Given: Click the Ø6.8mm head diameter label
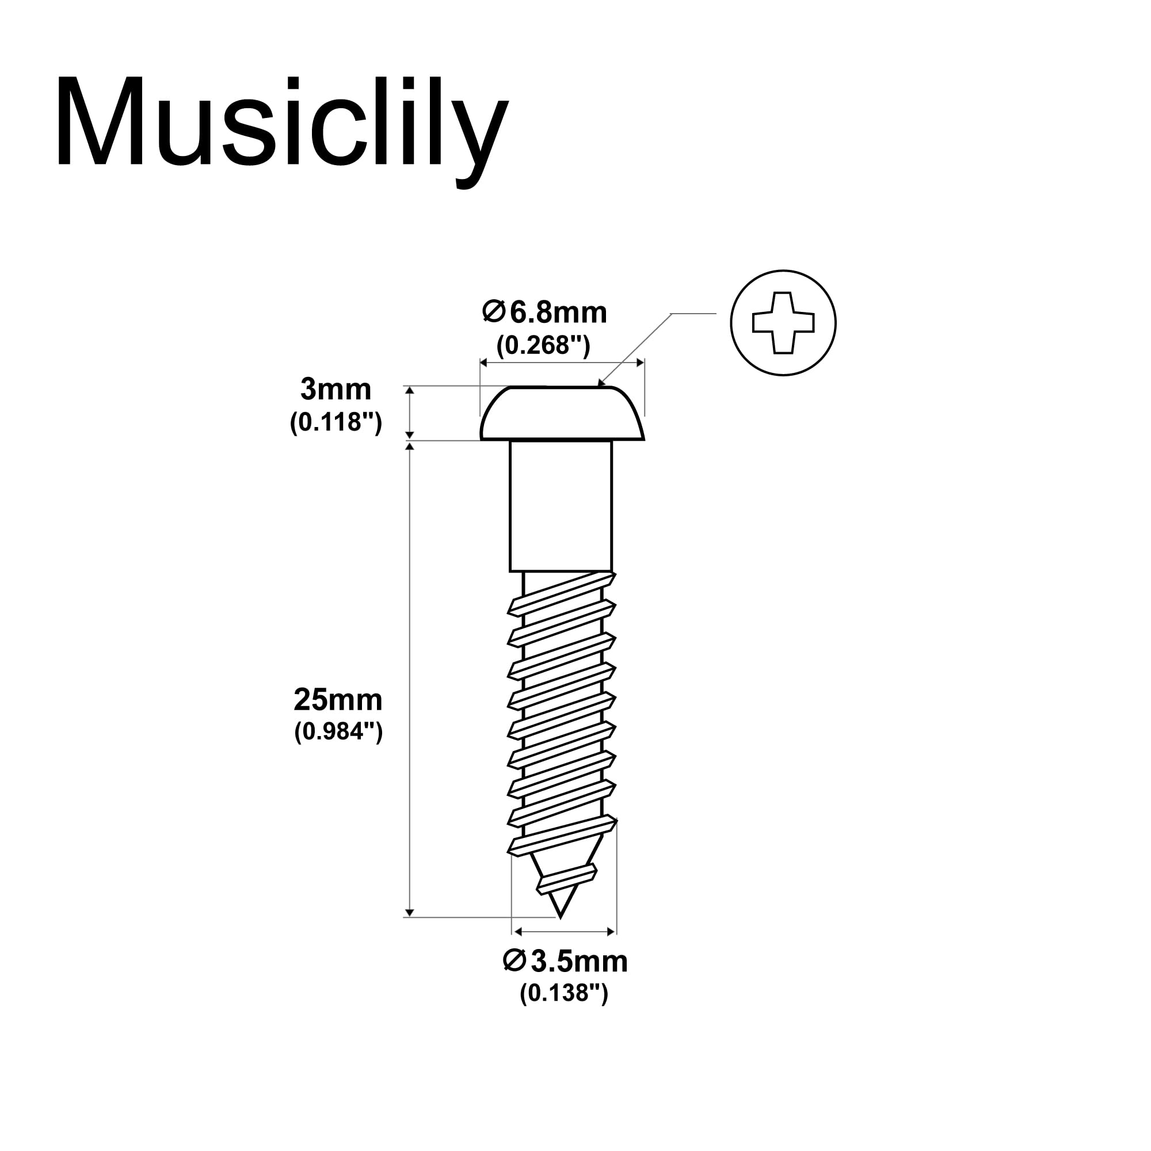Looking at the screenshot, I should coord(544,312).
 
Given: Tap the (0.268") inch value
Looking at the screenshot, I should coord(543,345).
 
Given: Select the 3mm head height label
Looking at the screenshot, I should coord(336,390).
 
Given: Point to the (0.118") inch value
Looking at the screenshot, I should coord(336,422).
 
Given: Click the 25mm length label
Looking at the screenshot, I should coord(338,700).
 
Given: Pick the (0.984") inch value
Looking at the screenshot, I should coord(338,732).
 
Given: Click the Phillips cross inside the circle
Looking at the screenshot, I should coord(783,323).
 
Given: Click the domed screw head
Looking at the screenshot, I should coord(562,413).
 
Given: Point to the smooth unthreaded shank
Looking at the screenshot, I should coord(561,506).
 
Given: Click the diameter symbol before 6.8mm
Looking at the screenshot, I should coord(494,312).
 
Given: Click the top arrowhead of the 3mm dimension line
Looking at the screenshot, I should coord(409,390).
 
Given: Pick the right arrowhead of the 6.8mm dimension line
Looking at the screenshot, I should coord(640,363).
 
